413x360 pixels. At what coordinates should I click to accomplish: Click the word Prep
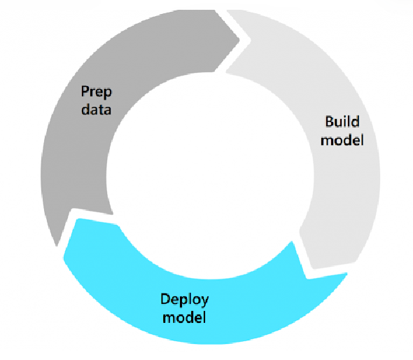[x=95, y=92]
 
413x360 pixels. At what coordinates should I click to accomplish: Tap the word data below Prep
[x=95, y=109]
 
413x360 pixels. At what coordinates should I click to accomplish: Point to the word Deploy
[x=184, y=300]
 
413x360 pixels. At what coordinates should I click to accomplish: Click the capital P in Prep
[x=85, y=92]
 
